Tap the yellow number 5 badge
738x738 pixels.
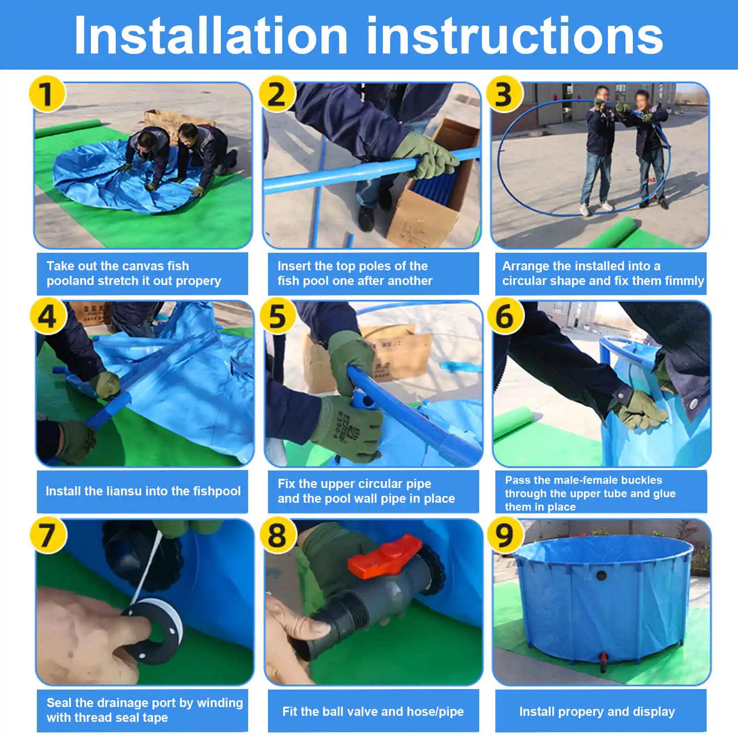tap(277, 316)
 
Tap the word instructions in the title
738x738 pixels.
tap(515, 36)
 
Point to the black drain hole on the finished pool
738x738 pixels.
tap(601, 575)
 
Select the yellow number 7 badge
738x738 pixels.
tap(48, 536)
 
